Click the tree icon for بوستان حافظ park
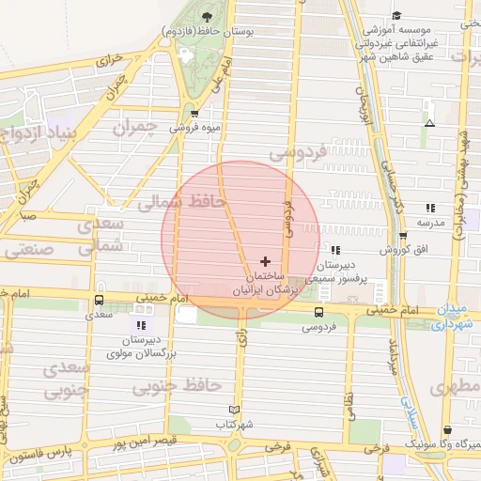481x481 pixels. pyautogui.click(x=207, y=16)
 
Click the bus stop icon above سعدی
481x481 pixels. pyautogui.click(x=100, y=301)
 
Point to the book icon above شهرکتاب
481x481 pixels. pyautogui.click(x=234, y=410)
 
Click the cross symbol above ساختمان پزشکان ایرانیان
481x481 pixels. pyautogui.click(x=265, y=261)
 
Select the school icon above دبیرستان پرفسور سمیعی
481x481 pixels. pyautogui.click(x=335, y=251)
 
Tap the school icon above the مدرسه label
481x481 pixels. pyautogui.click(x=430, y=208)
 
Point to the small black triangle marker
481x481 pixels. pyautogui.click(x=429, y=123)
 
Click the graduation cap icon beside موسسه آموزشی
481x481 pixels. pyautogui.click(x=397, y=16)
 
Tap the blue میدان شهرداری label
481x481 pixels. pyautogui.click(x=452, y=318)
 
